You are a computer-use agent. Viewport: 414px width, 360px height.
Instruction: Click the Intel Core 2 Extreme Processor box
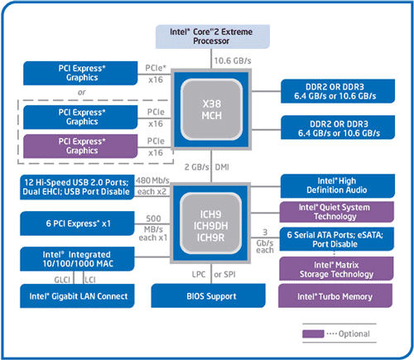(213, 36)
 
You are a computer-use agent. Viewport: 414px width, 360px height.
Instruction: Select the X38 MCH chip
(211, 109)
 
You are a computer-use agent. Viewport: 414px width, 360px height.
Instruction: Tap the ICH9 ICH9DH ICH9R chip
(211, 223)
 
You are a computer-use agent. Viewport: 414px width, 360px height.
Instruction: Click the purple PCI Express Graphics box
(80, 146)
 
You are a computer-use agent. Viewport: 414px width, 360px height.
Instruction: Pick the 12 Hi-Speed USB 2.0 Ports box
(77, 187)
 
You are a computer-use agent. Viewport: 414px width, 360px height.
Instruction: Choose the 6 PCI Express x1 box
(77, 223)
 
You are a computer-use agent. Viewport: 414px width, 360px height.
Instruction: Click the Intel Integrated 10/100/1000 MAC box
(77, 259)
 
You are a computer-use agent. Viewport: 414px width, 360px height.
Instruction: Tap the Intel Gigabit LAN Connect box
(77, 296)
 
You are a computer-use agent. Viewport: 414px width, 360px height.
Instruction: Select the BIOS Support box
(208, 295)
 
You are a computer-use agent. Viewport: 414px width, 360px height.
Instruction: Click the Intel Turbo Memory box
(335, 296)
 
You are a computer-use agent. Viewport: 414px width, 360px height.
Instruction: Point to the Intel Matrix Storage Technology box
(336, 269)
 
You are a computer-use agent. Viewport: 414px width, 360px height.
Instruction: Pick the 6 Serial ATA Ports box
(337, 239)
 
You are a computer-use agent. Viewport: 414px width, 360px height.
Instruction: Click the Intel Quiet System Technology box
(337, 212)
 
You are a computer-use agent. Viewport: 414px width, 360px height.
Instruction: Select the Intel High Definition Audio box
(338, 185)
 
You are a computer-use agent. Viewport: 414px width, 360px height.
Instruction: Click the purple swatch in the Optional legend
(313, 334)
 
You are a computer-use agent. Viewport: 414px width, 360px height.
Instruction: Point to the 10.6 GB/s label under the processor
(233, 60)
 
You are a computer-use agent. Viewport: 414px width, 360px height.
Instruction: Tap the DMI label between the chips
(222, 167)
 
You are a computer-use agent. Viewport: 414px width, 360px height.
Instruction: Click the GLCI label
(62, 280)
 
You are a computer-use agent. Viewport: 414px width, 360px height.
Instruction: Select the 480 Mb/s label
(152, 180)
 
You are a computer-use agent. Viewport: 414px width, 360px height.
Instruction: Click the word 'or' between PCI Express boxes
(82, 93)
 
